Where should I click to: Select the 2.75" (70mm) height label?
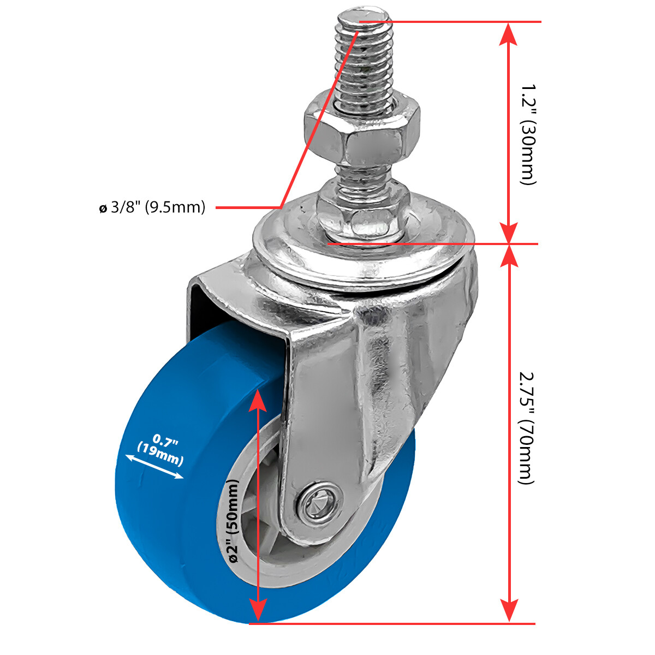(x=525, y=428)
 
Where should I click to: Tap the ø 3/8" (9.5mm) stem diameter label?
(x=152, y=207)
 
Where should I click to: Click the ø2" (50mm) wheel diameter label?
(x=233, y=521)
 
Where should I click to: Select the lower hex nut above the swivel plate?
(x=362, y=210)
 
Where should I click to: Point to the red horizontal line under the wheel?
(x=393, y=623)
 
